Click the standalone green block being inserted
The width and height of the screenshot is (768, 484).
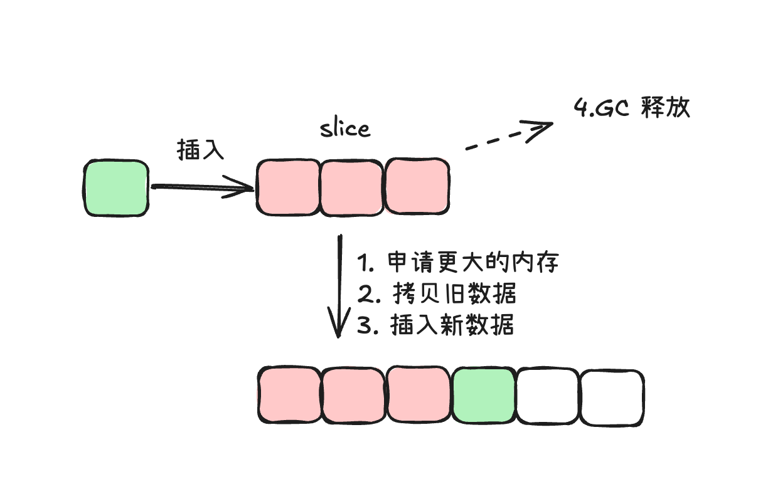point(116,189)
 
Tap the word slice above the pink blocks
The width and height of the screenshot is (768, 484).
point(344,129)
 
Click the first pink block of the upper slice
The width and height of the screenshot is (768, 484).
point(288,187)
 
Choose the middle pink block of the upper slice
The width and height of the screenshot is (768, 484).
point(352,187)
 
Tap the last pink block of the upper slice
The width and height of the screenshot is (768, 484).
point(417,187)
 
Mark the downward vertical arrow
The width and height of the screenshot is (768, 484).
point(339,285)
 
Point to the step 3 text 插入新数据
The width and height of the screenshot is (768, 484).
point(436,325)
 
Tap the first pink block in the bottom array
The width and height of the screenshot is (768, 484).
point(290,396)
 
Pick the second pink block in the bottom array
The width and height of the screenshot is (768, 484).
point(354,396)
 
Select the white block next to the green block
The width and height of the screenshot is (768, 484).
point(547,397)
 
